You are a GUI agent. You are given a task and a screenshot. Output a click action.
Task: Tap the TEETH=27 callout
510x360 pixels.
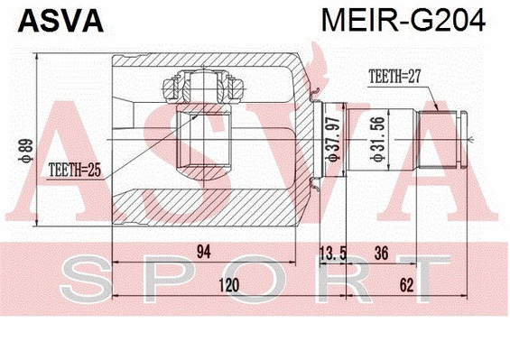(394, 77)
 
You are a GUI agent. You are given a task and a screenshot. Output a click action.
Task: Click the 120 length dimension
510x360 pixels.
(230, 285)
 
